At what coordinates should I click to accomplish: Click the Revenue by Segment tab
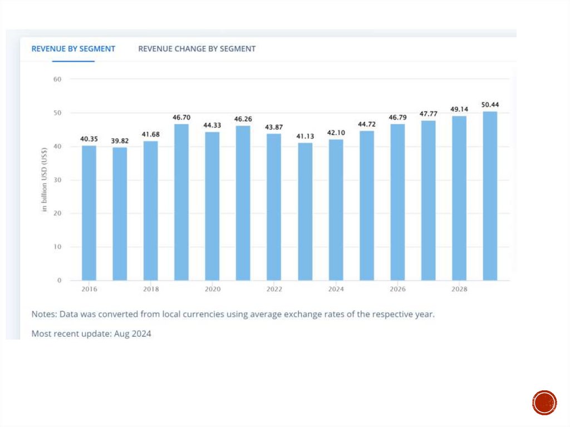point(73,49)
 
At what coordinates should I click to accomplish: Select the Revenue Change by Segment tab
point(196,49)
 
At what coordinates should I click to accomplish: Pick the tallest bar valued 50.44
point(490,195)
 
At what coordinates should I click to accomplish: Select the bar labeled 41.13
point(305,212)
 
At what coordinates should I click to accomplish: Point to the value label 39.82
point(120,141)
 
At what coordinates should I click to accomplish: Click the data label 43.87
point(274,127)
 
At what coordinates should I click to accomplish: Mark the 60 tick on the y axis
point(57,79)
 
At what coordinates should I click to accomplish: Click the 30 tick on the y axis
point(57,180)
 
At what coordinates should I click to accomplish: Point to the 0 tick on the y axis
point(59,281)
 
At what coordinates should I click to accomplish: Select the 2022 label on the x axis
point(274,289)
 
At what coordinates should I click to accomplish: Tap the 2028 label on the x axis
point(459,289)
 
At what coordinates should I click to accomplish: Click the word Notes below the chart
point(43,314)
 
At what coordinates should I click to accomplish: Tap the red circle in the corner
point(544,403)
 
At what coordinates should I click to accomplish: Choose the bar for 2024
point(336,209)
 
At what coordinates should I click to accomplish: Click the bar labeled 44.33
point(212,206)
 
